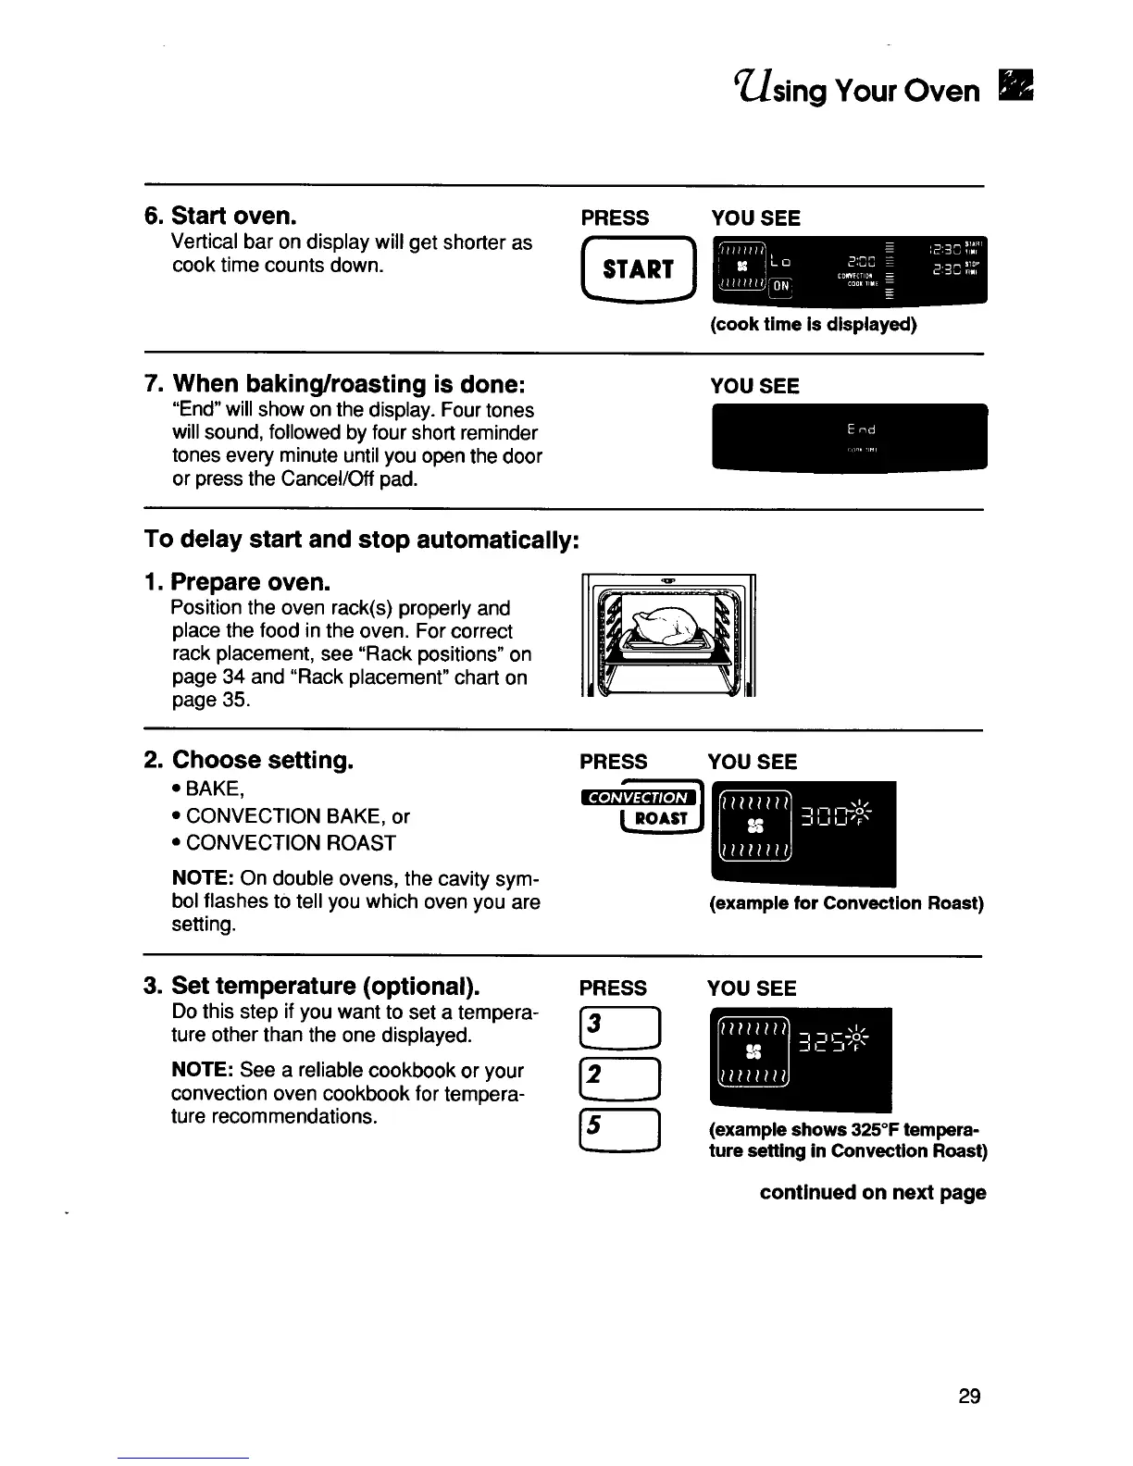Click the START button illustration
637,269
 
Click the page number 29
969,1397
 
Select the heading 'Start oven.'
234,217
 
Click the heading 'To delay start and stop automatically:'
362,540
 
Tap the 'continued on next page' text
872,1192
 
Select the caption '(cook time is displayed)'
813,325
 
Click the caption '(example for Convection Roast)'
845,903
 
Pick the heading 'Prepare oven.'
250,583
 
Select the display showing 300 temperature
802,834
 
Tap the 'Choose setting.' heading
263,761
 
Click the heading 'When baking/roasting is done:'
350,383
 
